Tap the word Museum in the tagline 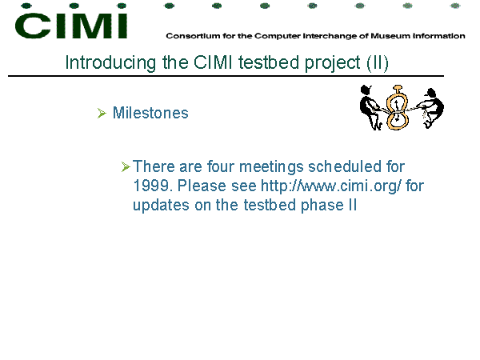(x=390, y=36)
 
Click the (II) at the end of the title (x=378, y=63)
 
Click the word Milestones (x=150, y=113)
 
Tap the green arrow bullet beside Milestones (x=102, y=113)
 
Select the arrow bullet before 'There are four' (x=126, y=167)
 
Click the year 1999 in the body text (x=151, y=186)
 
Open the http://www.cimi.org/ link (x=331, y=186)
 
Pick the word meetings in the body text (x=271, y=167)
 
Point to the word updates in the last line (x=161, y=205)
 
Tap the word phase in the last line (x=322, y=205)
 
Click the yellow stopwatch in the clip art (x=397, y=107)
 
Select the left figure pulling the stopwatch (x=370, y=107)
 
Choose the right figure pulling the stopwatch (x=431, y=108)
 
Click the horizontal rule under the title (x=226, y=76)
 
